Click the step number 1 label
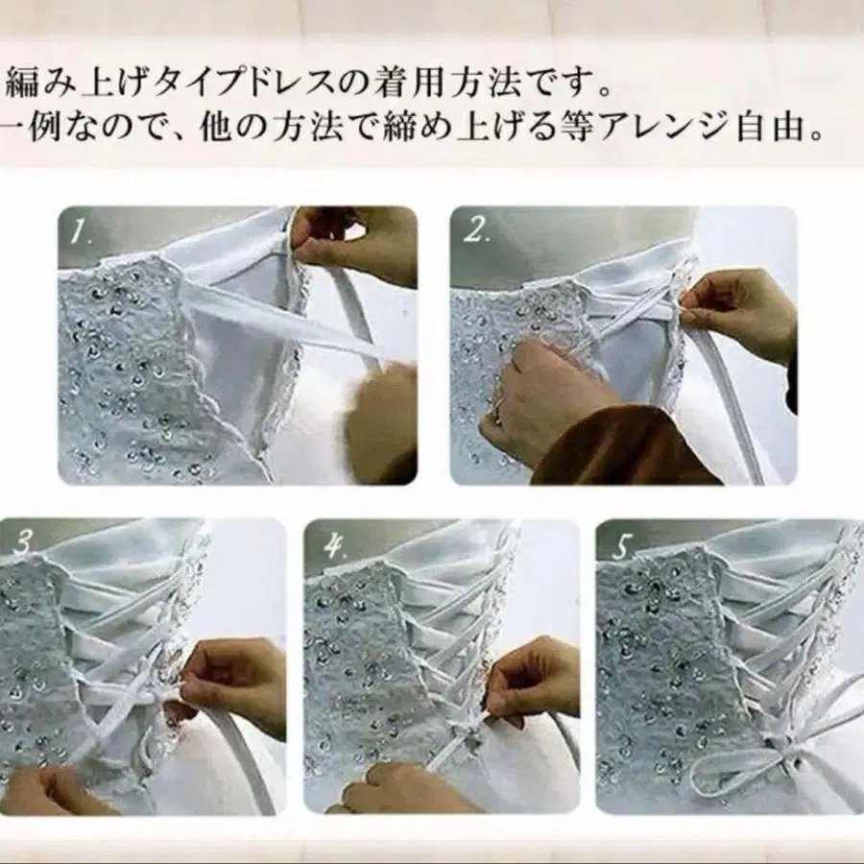point(80,231)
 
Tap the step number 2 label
point(475,230)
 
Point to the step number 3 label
point(22,544)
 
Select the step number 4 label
point(334,545)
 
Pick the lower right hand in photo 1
point(380,419)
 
